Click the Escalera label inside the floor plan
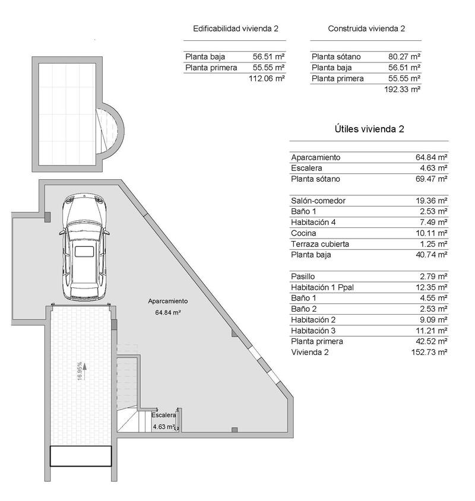(164, 416)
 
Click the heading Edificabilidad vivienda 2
(236, 28)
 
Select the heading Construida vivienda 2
(366, 28)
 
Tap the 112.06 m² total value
(267, 78)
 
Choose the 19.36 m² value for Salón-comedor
(431, 201)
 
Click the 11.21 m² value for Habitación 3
(431, 331)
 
